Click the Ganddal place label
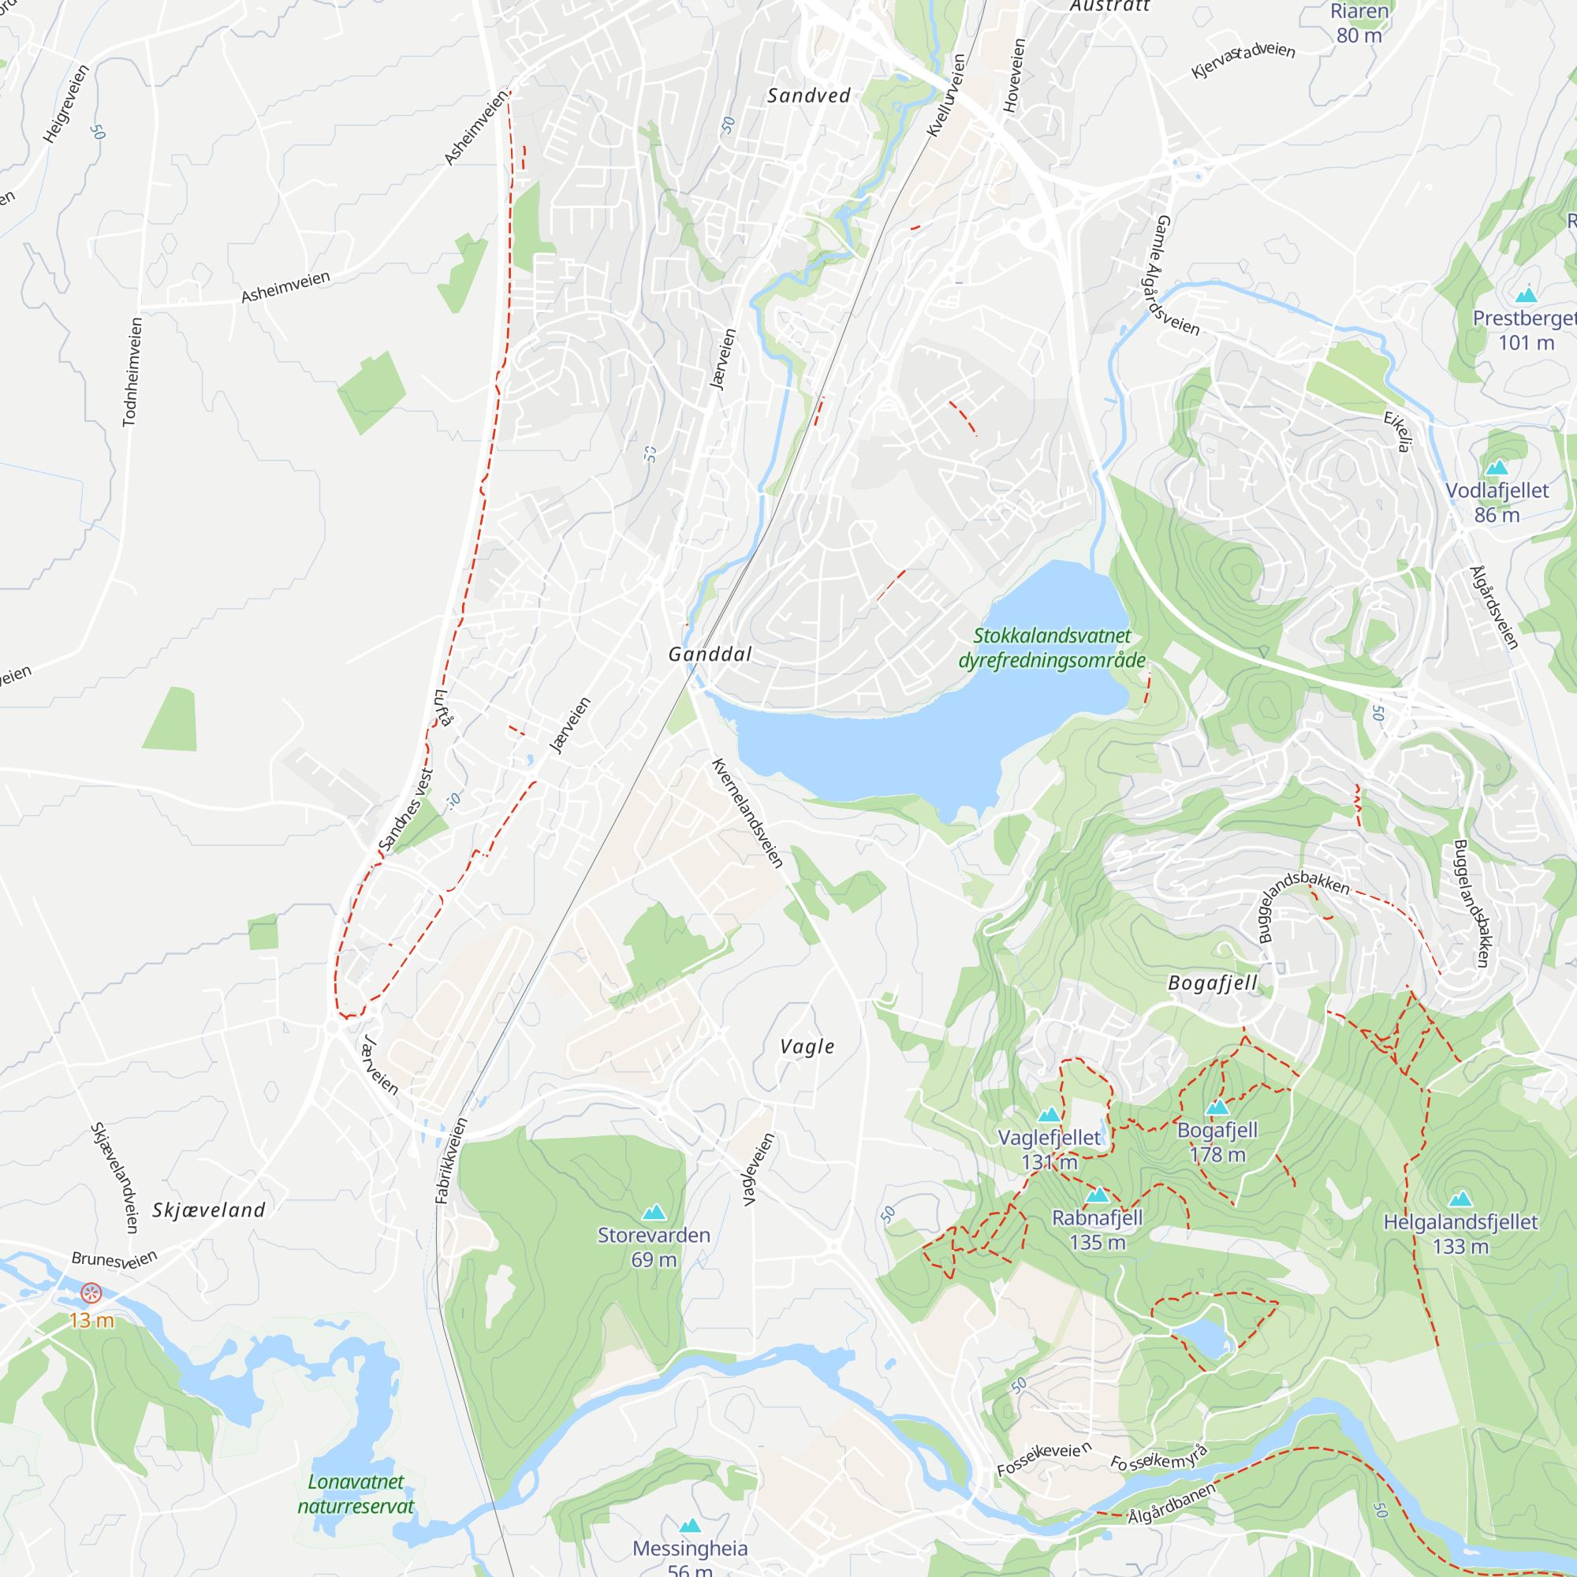pos(710,654)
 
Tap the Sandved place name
pos(809,95)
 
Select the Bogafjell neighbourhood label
pos(1212,982)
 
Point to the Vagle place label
pos(807,1046)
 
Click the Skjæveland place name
pos(209,1210)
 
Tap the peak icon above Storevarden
pos(654,1212)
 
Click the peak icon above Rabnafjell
pos(1098,1195)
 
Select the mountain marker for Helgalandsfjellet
pos(1460,1199)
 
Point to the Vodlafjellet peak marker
pos(1497,468)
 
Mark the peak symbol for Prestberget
pos(1526,296)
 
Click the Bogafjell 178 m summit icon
pos(1217,1108)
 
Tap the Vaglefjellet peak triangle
pos(1049,1115)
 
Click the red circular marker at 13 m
pos(91,1293)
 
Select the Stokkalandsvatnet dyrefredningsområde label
pos(1052,647)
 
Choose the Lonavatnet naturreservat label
pos(356,1493)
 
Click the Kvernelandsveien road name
pos(747,813)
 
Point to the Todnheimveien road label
pos(132,371)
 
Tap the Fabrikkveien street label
pos(451,1161)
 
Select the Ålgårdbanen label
pos(1172,1502)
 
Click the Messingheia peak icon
pos(691,1525)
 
